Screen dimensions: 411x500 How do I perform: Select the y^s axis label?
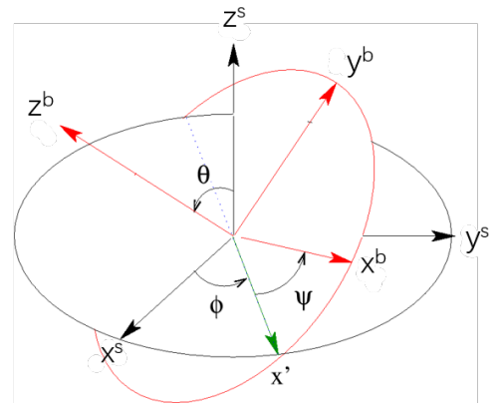pyautogui.click(x=477, y=239)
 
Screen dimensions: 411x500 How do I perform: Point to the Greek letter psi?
pyautogui.click(x=310, y=295)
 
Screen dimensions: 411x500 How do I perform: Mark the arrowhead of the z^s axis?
pyautogui.click(x=232, y=56)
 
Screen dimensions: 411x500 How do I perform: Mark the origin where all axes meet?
pyautogui.click(x=232, y=236)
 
